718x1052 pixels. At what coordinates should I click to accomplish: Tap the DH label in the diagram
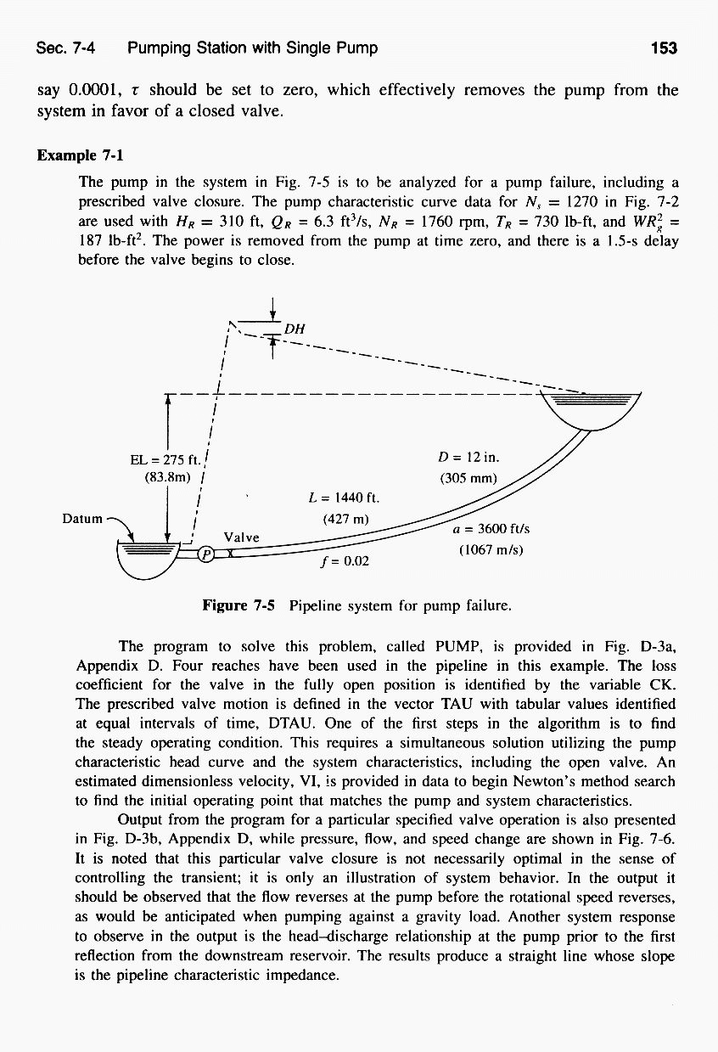pos(294,329)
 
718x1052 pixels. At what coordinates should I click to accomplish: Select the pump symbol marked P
pos(205,554)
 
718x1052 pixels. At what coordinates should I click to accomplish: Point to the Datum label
pos(82,517)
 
